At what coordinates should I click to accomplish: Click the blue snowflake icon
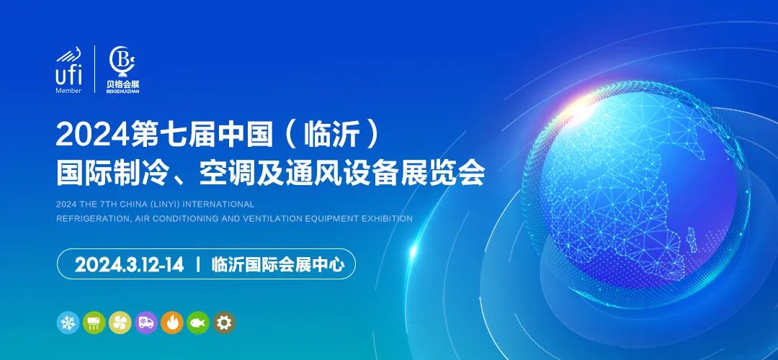[68, 323]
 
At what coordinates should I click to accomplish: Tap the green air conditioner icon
[94, 323]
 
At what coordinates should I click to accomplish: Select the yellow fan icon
[120, 323]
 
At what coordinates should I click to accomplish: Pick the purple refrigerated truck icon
[146, 323]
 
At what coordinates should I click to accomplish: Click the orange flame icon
[172, 323]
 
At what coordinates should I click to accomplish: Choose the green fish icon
[198, 323]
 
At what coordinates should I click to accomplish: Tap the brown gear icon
[224, 323]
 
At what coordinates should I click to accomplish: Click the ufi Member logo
[68, 70]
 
